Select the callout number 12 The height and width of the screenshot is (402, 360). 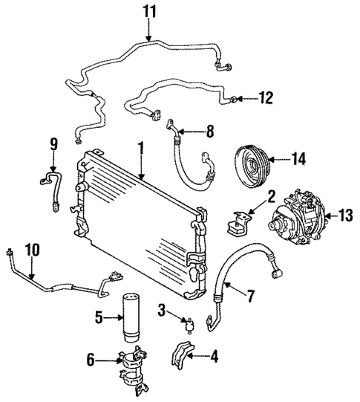pos(266,97)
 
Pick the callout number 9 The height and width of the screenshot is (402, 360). pos(53,143)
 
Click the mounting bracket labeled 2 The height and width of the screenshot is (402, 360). pos(239,221)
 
